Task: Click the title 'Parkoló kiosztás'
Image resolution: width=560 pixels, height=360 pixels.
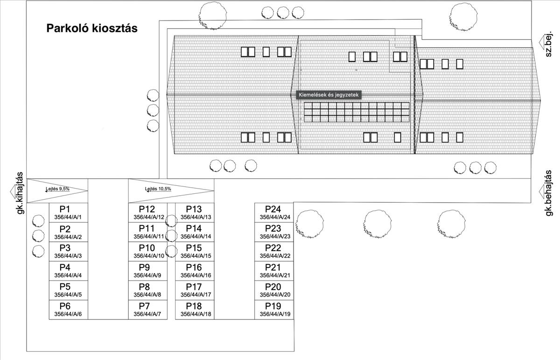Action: point(92,28)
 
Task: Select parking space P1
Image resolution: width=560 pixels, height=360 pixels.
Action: point(68,212)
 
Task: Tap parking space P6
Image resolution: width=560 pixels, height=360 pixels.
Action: point(68,310)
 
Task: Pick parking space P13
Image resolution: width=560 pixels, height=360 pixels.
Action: point(194,212)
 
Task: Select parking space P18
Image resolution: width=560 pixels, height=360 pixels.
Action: point(194,310)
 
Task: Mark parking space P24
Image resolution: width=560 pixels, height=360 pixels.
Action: point(273,212)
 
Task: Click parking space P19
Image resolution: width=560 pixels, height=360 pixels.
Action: point(273,310)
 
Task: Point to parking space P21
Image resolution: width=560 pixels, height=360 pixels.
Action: point(273,271)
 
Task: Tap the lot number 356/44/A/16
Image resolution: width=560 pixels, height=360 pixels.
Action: point(196,275)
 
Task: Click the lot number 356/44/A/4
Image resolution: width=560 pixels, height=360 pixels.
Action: point(68,275)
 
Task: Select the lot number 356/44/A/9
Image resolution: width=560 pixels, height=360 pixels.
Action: point(147,275)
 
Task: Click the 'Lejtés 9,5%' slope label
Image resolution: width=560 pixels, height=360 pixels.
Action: point(57,189)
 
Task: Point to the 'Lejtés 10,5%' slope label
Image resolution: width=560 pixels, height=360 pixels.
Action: point(158,189)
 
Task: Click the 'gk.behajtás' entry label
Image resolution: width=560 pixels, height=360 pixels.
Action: point(549,192)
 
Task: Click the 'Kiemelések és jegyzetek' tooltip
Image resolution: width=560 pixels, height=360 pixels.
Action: point(329,95)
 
